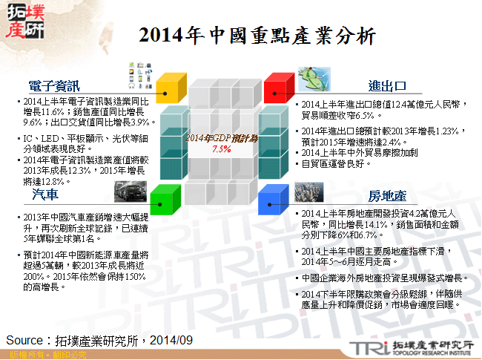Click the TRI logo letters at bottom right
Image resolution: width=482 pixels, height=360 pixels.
(x=367, y=347)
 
